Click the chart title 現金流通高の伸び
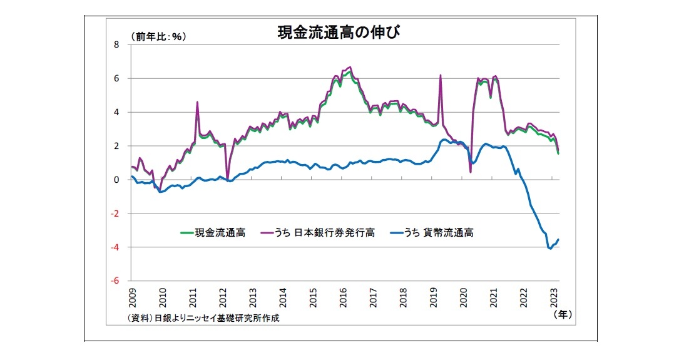[338, 33]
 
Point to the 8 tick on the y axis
[116, 45]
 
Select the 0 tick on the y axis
[116, 180]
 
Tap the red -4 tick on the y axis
[115, 247]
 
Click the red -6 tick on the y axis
[115, 281]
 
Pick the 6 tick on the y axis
[116, 79]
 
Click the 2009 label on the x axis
[133, 296]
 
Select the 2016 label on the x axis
[344, 296]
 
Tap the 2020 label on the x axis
[464, 296]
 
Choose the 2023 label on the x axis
[554, 296]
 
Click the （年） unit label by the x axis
[563, 316]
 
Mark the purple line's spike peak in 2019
[441, 75]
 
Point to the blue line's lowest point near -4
[550, 249]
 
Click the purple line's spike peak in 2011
[198, 102]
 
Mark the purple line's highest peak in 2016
[350, 67]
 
